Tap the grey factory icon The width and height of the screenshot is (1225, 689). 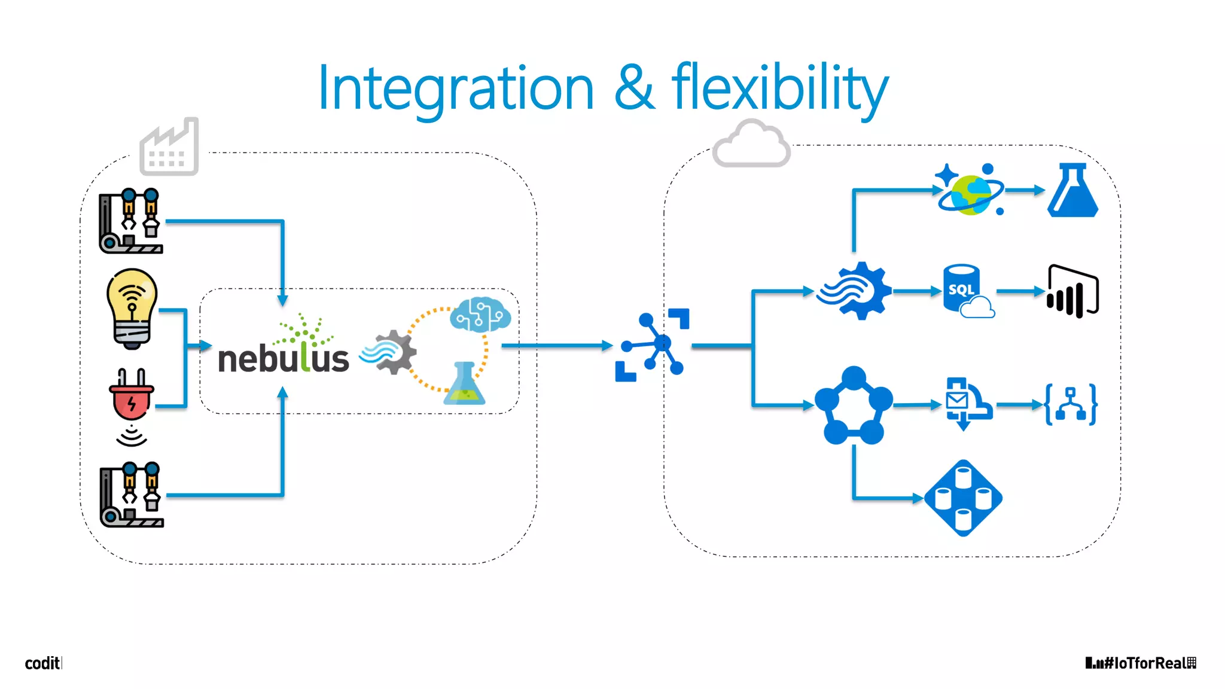click(169, 148)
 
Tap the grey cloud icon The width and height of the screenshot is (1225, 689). click(751, 144)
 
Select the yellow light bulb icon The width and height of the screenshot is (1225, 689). click(132, 308)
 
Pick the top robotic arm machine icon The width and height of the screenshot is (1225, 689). click(131, 221)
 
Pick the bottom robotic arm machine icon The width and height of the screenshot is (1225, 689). click(132, 495)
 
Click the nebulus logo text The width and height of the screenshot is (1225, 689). click(284, 357)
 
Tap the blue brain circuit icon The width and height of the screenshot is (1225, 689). click(480, 314)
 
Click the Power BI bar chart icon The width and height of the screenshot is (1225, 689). click(1073, 291)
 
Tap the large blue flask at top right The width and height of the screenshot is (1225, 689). click(1072, 191)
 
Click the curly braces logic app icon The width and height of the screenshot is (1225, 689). click(1070, 405)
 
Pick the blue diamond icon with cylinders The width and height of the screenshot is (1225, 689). click(963, 498)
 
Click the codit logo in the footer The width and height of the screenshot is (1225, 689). click(42, 663)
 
